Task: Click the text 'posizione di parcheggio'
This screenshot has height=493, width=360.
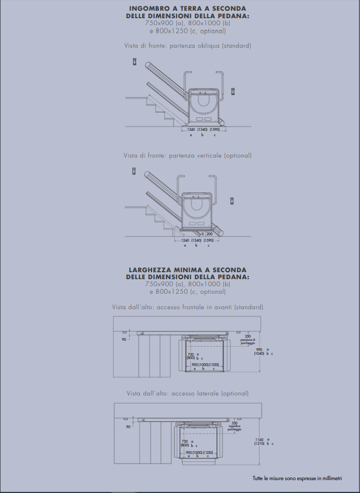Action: [247, 341]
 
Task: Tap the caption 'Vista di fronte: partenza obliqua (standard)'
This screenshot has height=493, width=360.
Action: [187, 46]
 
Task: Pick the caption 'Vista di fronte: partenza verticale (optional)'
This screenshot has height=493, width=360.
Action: [187, 155]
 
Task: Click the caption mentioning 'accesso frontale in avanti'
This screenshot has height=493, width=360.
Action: [187, 307]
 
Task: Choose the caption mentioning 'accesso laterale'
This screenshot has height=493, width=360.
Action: [187, 393]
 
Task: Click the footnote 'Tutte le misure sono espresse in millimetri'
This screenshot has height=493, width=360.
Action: [297, 478]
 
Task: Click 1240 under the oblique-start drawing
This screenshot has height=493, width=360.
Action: [191, 130]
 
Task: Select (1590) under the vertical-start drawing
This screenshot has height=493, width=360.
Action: [208, 240]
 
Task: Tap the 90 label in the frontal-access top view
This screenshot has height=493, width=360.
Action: [124, 340]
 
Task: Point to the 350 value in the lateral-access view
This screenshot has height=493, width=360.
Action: [234, 423]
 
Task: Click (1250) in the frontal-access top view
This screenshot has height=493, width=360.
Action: [217, 364]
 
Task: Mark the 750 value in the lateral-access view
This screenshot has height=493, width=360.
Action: [185, 441]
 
